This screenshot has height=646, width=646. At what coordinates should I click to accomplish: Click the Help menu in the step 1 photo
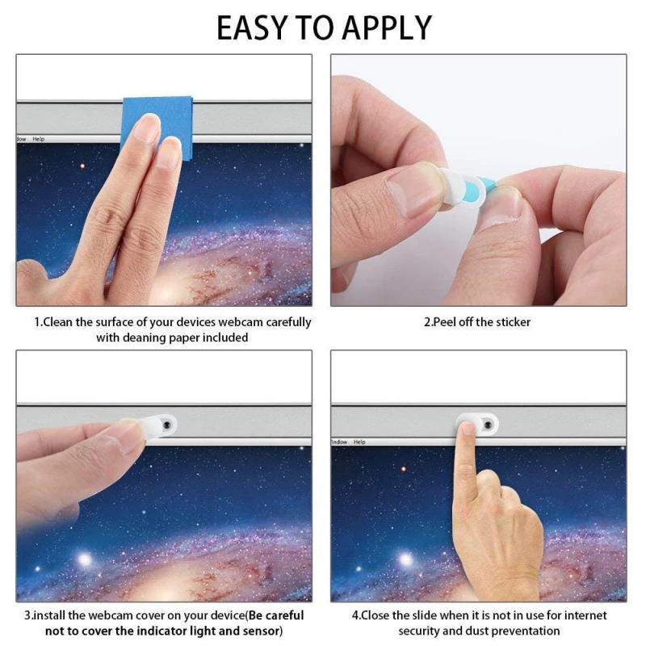38,139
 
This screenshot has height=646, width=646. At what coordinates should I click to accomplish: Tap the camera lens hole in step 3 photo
167,425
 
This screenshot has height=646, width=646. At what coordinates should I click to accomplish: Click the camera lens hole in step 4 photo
488,425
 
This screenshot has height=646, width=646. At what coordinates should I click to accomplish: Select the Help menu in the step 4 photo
359,442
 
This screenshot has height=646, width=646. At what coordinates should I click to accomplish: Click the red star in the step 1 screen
82,166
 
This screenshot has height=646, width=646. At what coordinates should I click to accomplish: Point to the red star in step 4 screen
403,469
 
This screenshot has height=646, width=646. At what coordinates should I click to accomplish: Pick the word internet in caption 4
585,615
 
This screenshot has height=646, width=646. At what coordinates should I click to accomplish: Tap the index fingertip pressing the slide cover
468,430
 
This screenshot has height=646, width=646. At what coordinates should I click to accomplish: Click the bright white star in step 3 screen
85,560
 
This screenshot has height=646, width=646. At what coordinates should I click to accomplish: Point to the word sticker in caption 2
514,321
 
